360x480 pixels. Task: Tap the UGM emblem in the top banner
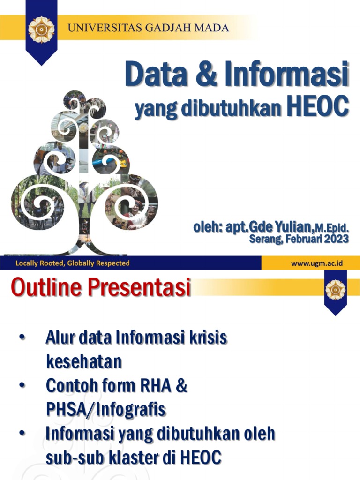coord(42,30)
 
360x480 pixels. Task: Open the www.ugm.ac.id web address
coord(317,263)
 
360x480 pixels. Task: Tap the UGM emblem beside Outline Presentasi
coord(335,290)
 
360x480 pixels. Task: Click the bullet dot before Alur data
coord(22,337)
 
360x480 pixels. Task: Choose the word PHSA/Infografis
coord(105,410)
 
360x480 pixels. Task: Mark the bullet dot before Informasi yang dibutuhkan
coord(22,434)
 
